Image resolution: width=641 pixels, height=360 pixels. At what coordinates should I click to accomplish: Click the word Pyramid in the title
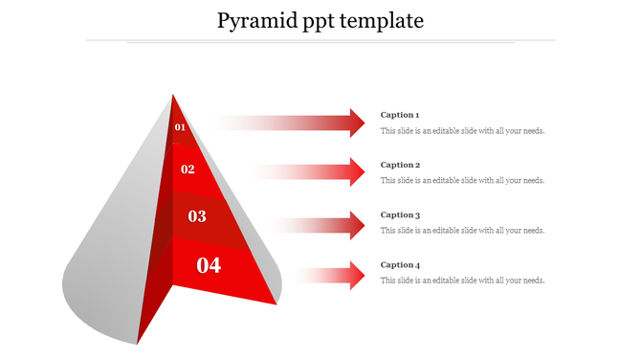tap(254, 20)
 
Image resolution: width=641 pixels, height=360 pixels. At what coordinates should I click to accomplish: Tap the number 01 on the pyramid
tap(180, 127)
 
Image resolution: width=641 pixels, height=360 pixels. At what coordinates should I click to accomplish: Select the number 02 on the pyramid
tap(188, 169)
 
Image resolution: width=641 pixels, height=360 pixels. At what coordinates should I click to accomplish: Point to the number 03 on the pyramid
tap(197, 216)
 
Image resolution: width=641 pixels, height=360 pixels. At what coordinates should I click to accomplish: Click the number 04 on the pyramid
tap(209, 265)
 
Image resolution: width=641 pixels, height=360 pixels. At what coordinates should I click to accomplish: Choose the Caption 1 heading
tap(400, 115)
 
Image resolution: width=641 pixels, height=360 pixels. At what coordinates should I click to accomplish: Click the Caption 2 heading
tap(400, 165)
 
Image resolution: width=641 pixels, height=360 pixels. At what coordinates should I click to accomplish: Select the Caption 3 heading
tap(400, 215)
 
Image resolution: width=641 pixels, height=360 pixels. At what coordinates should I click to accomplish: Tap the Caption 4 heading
tap(400, 265)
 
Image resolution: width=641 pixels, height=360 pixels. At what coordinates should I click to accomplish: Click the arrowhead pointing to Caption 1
tap(357, 123)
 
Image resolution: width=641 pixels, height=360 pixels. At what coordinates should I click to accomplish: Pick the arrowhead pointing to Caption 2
tap(357, 172)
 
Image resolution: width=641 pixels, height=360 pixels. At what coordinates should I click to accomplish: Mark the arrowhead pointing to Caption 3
tap(357, 225)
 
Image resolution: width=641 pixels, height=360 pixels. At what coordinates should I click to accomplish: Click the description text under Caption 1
tap(463, 131)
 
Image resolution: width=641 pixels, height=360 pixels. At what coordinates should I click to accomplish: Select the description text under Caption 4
tap(463, 281)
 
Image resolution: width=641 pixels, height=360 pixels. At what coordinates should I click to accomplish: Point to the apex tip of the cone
tap(173, 95)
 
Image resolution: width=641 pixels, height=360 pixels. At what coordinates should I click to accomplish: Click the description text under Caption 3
tap(463, 231)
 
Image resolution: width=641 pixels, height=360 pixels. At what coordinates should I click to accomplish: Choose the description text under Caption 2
tap(463, 180)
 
